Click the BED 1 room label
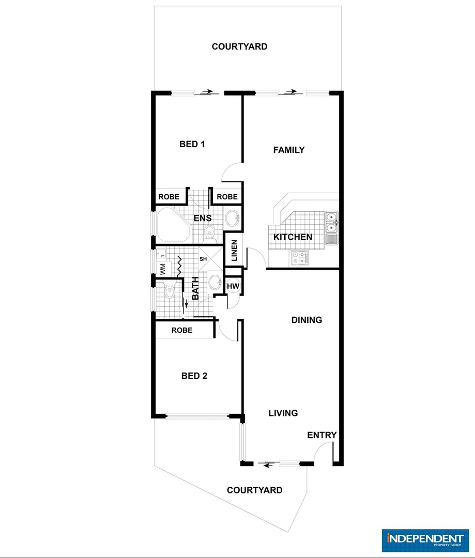192,144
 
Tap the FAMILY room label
289,150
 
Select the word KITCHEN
293,237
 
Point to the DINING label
307,320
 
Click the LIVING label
283,413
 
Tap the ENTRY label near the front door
322,435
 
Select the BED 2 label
194,376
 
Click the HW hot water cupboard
233,286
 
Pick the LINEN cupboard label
234,250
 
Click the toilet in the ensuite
209,232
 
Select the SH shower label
203,259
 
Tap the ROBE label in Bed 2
182,330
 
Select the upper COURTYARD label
239,47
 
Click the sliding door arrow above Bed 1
207,92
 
